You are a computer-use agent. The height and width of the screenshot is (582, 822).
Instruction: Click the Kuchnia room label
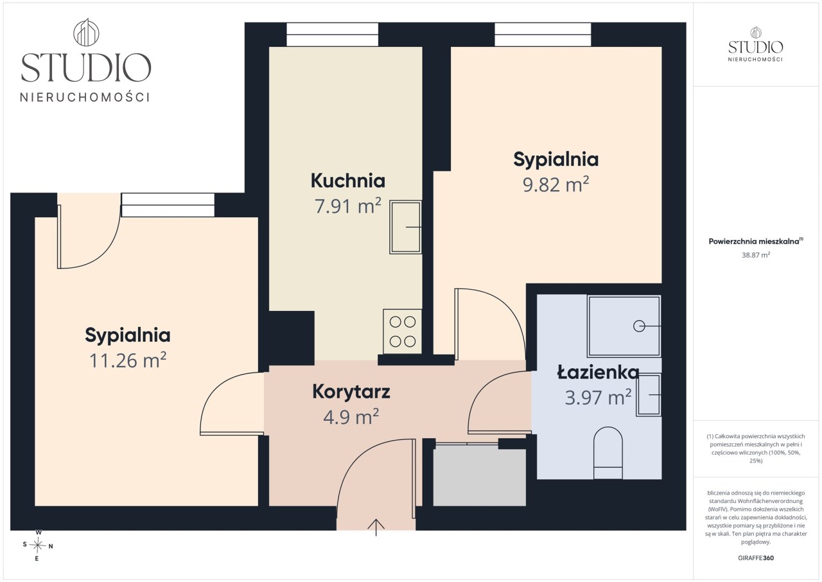tap(348, 181)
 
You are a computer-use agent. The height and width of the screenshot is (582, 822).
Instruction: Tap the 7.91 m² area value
tap(348, 206)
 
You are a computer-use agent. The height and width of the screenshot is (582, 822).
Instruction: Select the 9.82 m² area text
tap(555, 184)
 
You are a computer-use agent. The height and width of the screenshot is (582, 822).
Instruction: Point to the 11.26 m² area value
tap(128, 360)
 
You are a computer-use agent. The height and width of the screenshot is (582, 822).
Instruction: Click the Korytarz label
tap(351, 392)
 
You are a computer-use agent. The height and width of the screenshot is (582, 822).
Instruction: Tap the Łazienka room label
tap(598, 372)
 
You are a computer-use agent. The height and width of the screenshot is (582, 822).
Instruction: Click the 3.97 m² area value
tap(598, 397)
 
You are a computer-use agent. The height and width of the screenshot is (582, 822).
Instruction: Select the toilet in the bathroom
tap(608, 452)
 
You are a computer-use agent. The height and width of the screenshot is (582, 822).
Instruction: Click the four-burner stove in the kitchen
tap(402, 331)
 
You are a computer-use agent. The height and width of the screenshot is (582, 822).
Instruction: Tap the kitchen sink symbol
tap(405, 227)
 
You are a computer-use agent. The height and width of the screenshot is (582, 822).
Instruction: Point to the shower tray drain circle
tap(639, 326)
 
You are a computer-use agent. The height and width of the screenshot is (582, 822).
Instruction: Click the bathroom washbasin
tap(649, 395)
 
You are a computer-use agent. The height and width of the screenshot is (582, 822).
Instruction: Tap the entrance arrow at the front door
tap(376, 527)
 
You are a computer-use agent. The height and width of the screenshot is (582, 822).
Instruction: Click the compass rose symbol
tap(38, 545)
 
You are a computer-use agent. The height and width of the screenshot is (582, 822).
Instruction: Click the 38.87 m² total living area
tap(756, 254)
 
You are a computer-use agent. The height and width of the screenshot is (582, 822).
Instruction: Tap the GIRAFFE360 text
tap(756, 558)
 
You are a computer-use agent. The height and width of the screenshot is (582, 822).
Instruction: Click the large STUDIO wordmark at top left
tap(86, 67)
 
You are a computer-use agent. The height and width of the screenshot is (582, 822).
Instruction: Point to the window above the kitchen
tap(332, 35)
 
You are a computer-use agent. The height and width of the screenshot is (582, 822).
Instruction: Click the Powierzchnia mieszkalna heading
tap(756, 241)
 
